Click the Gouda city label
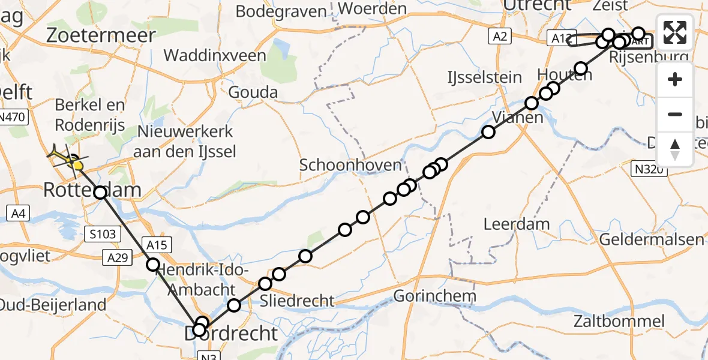click(253, 92)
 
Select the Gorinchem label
click(435, 296)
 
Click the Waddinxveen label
click(215, 56)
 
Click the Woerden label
click(373, 10)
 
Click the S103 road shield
click(100, 233)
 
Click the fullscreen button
click(675, 32)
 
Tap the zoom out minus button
click(675, 114)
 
